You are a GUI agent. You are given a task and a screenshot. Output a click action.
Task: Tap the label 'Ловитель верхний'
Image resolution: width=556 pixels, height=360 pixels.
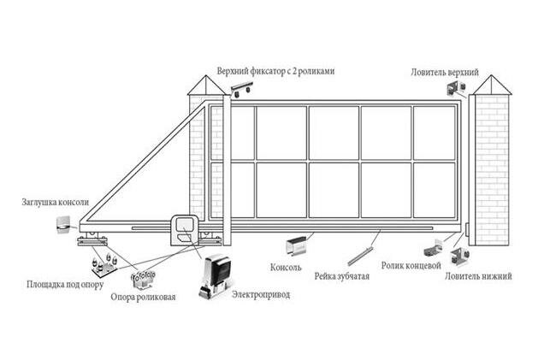click(444, 72)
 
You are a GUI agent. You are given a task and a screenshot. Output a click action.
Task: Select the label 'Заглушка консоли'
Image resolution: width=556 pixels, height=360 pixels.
click(56, 203)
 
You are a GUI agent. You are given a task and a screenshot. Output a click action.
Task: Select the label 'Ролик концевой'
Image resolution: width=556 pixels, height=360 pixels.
click(411, 266)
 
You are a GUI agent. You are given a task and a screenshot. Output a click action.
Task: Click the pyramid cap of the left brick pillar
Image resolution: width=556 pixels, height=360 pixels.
click(203, 85)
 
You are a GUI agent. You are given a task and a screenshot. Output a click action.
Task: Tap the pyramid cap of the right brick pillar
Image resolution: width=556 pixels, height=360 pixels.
click(493, 85)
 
